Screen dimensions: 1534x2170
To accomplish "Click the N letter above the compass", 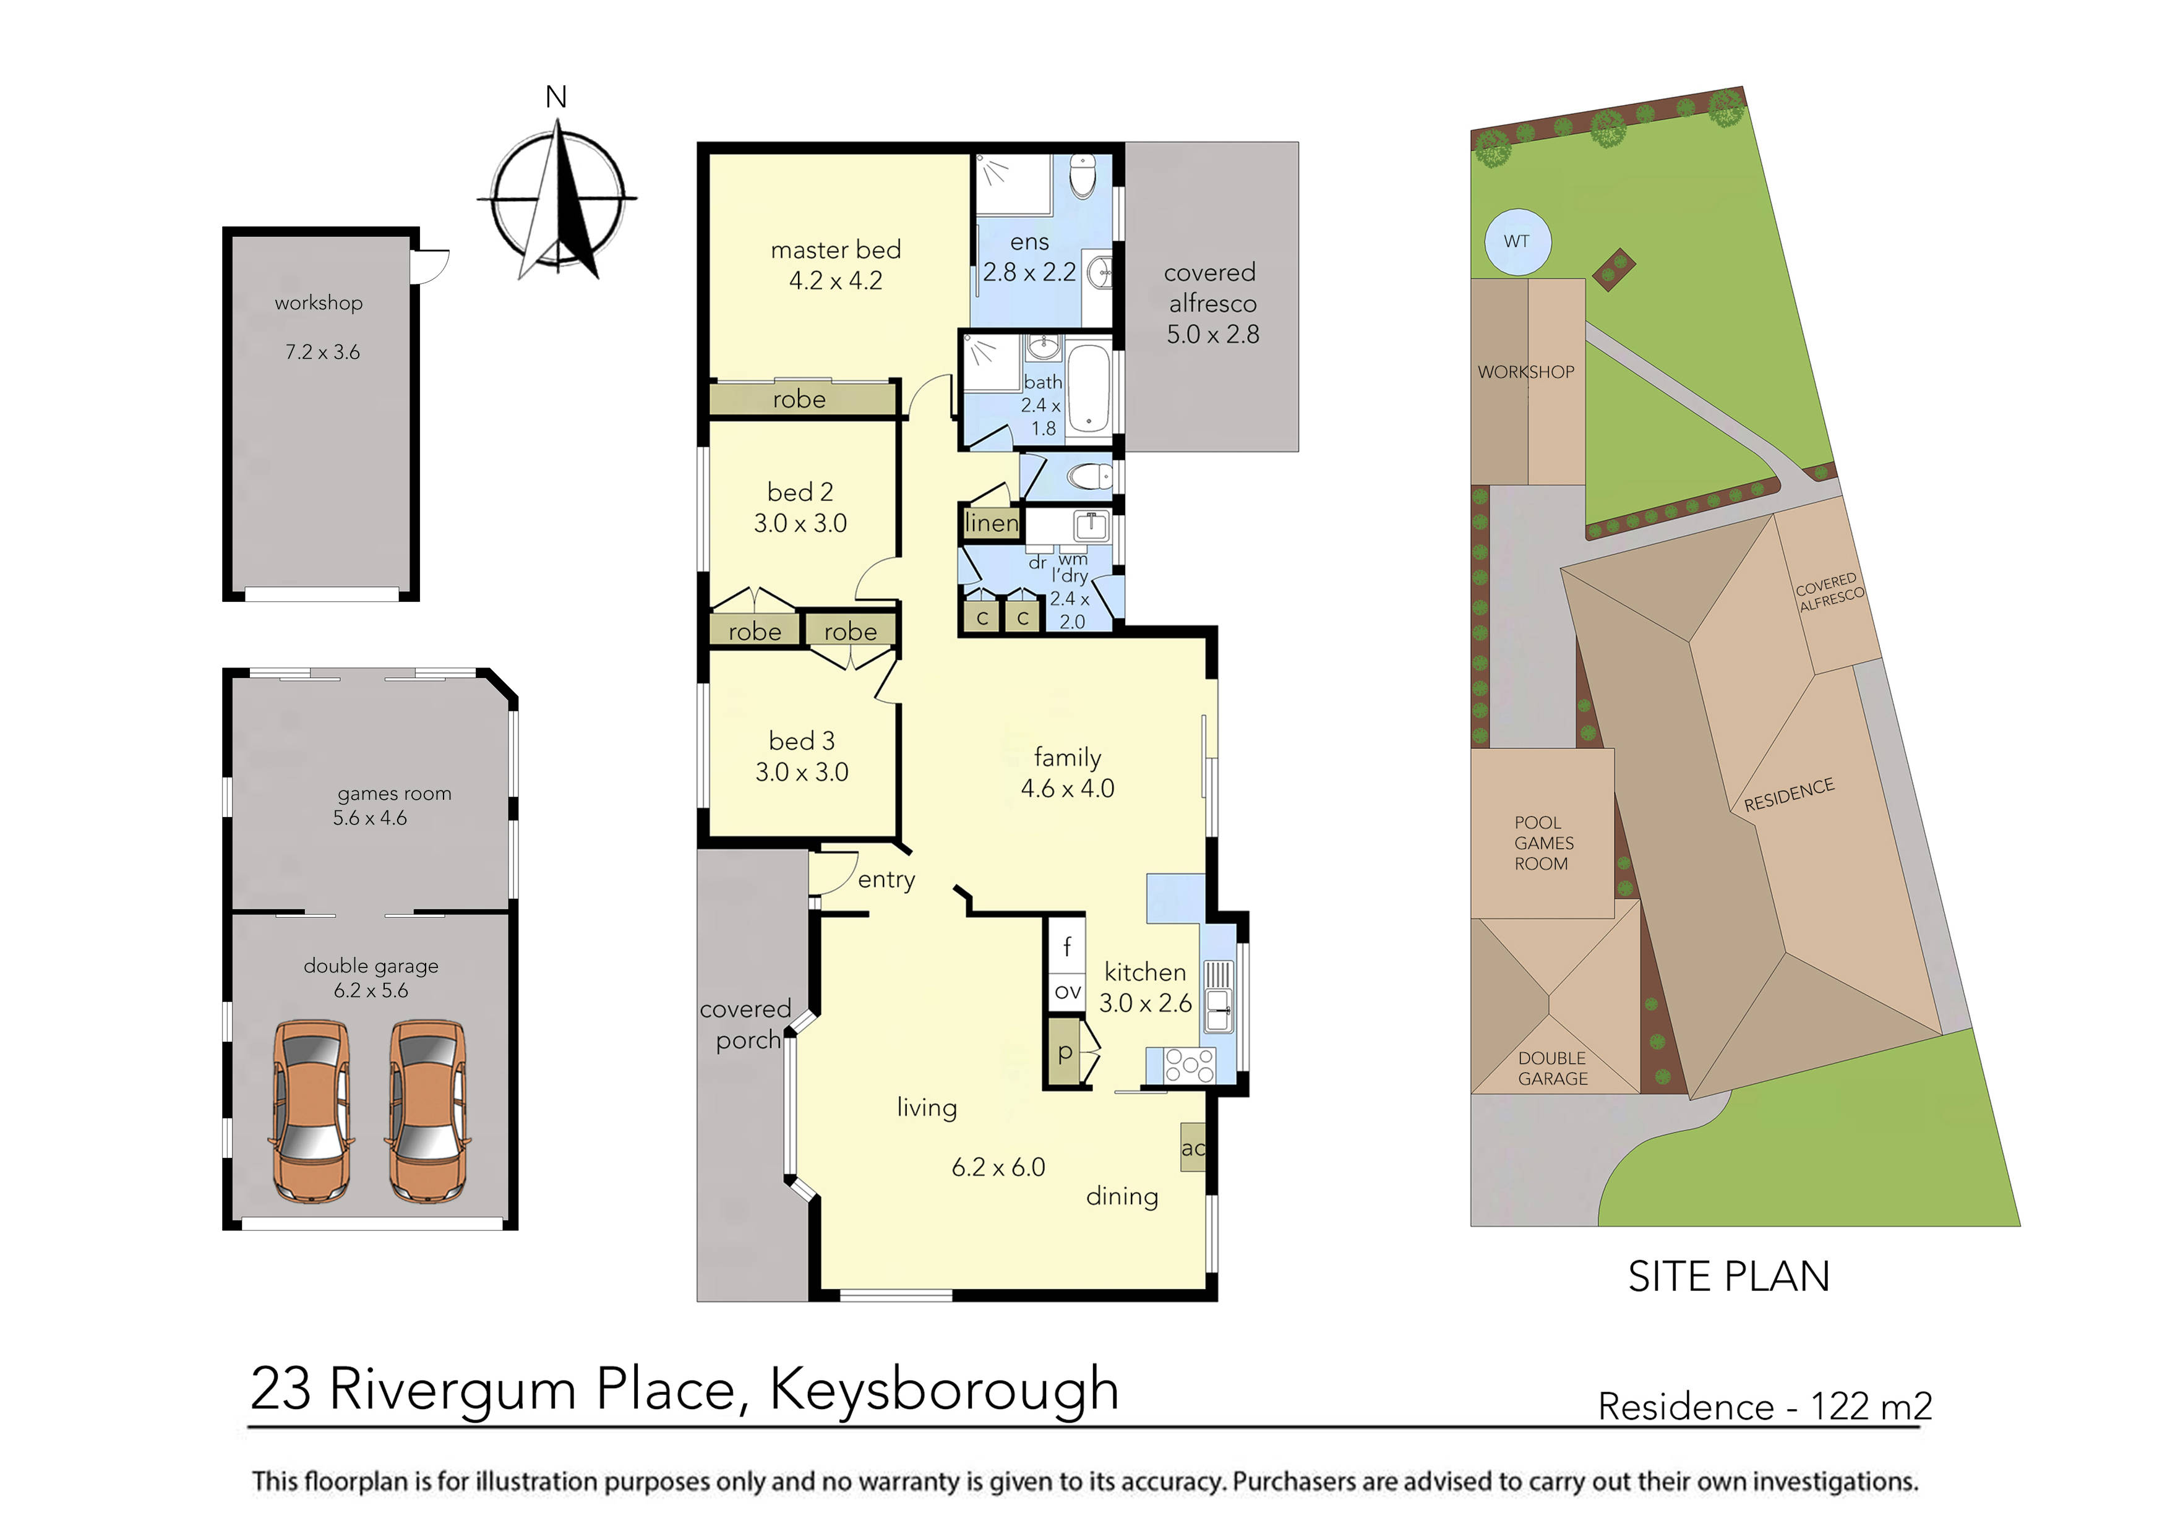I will pyautogui.click(x=555, y=97).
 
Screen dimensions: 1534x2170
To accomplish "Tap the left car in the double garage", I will pyautogui.click(x=312, y=1110).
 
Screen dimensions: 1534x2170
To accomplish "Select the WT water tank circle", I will pyautogui.click(x=1517, y=242).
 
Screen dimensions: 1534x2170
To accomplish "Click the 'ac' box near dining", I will pyautogui.click(x=1193, y=1147).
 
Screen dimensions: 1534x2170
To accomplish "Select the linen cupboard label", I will pyautogui.click(x=992, y=523).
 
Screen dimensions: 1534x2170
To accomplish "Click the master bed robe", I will pyautogui.click(x=800, y=399).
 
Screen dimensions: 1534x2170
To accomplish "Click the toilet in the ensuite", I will pyautogui.click(x=1083, y=176).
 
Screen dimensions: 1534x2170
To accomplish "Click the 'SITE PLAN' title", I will pyautogui.click(x=1728, y=1276).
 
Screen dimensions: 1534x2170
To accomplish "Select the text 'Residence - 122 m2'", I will pyautogui.click(x=1764, y=1407).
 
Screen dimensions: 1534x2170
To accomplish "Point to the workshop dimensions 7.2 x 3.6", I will pyautogui.click(x=322, y=353).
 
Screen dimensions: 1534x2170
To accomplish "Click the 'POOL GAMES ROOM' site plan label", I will pyautogui.click(x=1542, y=843).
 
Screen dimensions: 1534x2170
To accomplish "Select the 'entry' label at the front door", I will pyautogui.click(x=886, y=880).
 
